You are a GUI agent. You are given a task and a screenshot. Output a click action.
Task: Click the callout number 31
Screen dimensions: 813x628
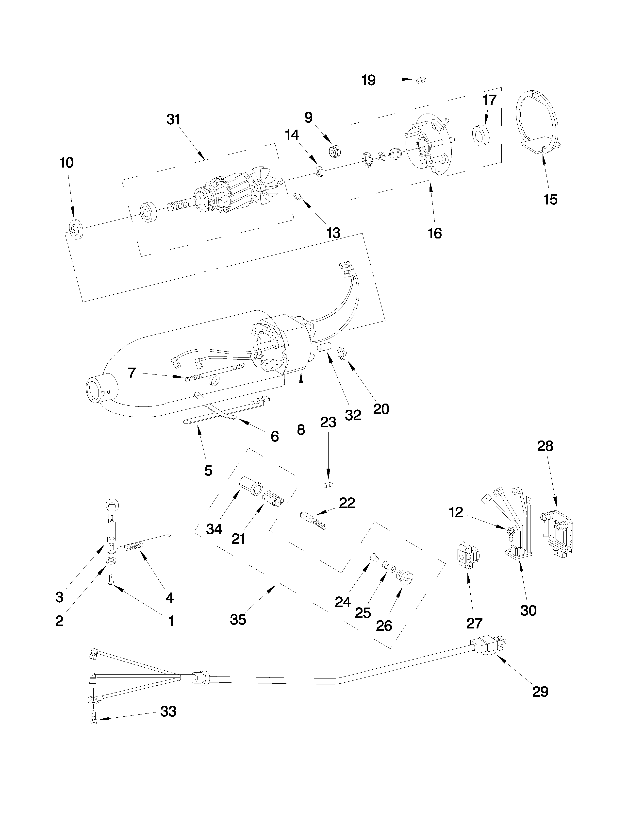tap(173, 120)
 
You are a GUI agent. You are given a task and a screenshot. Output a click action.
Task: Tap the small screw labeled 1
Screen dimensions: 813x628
tap(111, 579)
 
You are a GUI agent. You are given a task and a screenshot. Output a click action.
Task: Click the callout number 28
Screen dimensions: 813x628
tap(545, 446)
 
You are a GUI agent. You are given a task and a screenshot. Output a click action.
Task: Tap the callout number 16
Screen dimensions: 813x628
tap(434, 233)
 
